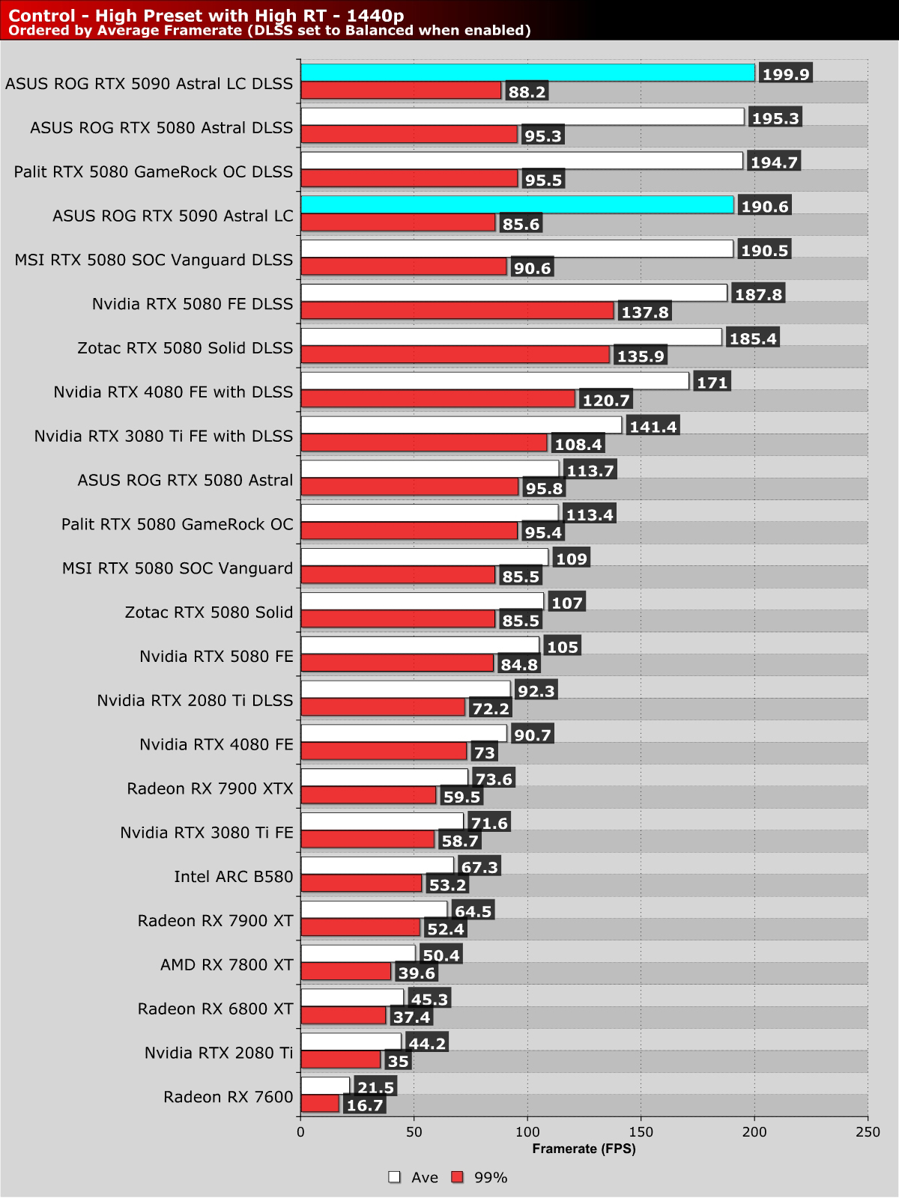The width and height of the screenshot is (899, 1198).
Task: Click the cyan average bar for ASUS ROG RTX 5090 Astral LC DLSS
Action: [528, 73]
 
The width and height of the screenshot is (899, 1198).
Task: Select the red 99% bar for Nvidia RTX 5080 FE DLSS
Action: [457, 311]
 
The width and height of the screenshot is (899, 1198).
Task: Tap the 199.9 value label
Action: [785, 73]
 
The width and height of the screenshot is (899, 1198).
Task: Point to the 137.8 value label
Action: [645, 311]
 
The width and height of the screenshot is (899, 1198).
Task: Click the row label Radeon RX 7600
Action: [228, 1097]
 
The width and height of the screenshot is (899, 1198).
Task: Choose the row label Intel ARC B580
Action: [234, 876]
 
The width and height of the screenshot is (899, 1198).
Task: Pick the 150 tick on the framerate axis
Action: [641, 1132]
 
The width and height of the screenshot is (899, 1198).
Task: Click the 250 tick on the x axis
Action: [868, 1132]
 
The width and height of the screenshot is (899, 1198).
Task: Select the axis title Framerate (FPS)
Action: [584, 1149]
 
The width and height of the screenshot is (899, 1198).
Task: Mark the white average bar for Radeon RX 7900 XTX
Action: [384, 778]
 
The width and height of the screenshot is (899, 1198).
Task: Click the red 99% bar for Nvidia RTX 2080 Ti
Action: [341, 1059]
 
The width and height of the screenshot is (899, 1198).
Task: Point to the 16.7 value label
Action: [365, 1105]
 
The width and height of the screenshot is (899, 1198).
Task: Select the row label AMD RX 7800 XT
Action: [227, 964]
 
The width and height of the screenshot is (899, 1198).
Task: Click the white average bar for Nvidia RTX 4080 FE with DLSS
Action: [494, 381]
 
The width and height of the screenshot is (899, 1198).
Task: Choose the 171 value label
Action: [712, 383]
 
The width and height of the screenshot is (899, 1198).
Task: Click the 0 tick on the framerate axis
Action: [301, 1132]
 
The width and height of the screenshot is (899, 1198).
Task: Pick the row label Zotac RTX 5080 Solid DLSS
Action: [185, 348]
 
